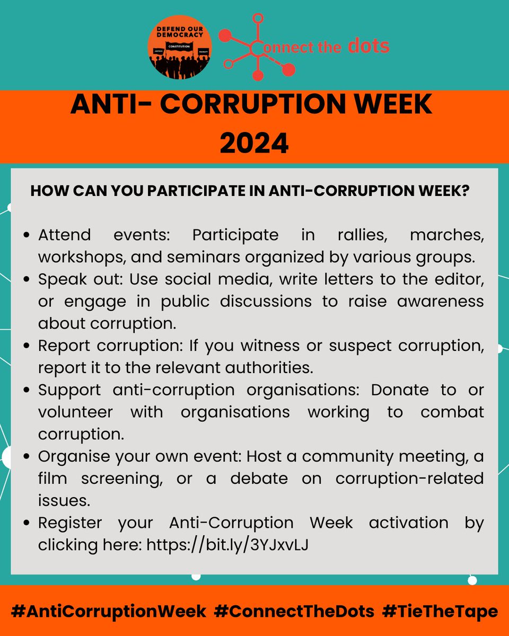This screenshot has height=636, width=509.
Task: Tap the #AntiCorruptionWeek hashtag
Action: coord(109,611)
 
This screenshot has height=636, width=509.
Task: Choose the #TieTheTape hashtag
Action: coord(440,611)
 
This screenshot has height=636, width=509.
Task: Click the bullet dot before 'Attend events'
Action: coord(27,235)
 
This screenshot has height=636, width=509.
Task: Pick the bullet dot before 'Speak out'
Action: coord(27,279)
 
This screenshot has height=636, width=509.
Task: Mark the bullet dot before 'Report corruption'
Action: coord(27,346)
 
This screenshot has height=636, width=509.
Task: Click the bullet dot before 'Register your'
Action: coord(27,523)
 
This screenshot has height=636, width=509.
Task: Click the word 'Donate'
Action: coord(400,390)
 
